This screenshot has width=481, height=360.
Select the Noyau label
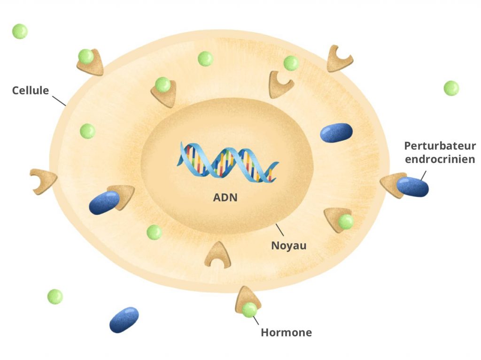click(x=288, y=245)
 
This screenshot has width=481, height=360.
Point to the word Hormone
click(x=286, y=333)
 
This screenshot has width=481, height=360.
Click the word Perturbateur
click(x=440, y=146)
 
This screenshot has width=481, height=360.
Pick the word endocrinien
click(x=440, y=159)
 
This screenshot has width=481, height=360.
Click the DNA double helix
click(x=227, y=162)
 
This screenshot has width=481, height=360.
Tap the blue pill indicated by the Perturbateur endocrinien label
click(x=412, y=187)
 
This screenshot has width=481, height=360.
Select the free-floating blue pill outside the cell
click(x=124, y=320)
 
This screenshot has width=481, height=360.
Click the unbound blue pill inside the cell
click(x=336, y=132)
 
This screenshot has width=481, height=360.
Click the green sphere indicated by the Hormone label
click(x=249, y=309)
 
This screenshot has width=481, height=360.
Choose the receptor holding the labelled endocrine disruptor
click(x=390, y=184)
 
